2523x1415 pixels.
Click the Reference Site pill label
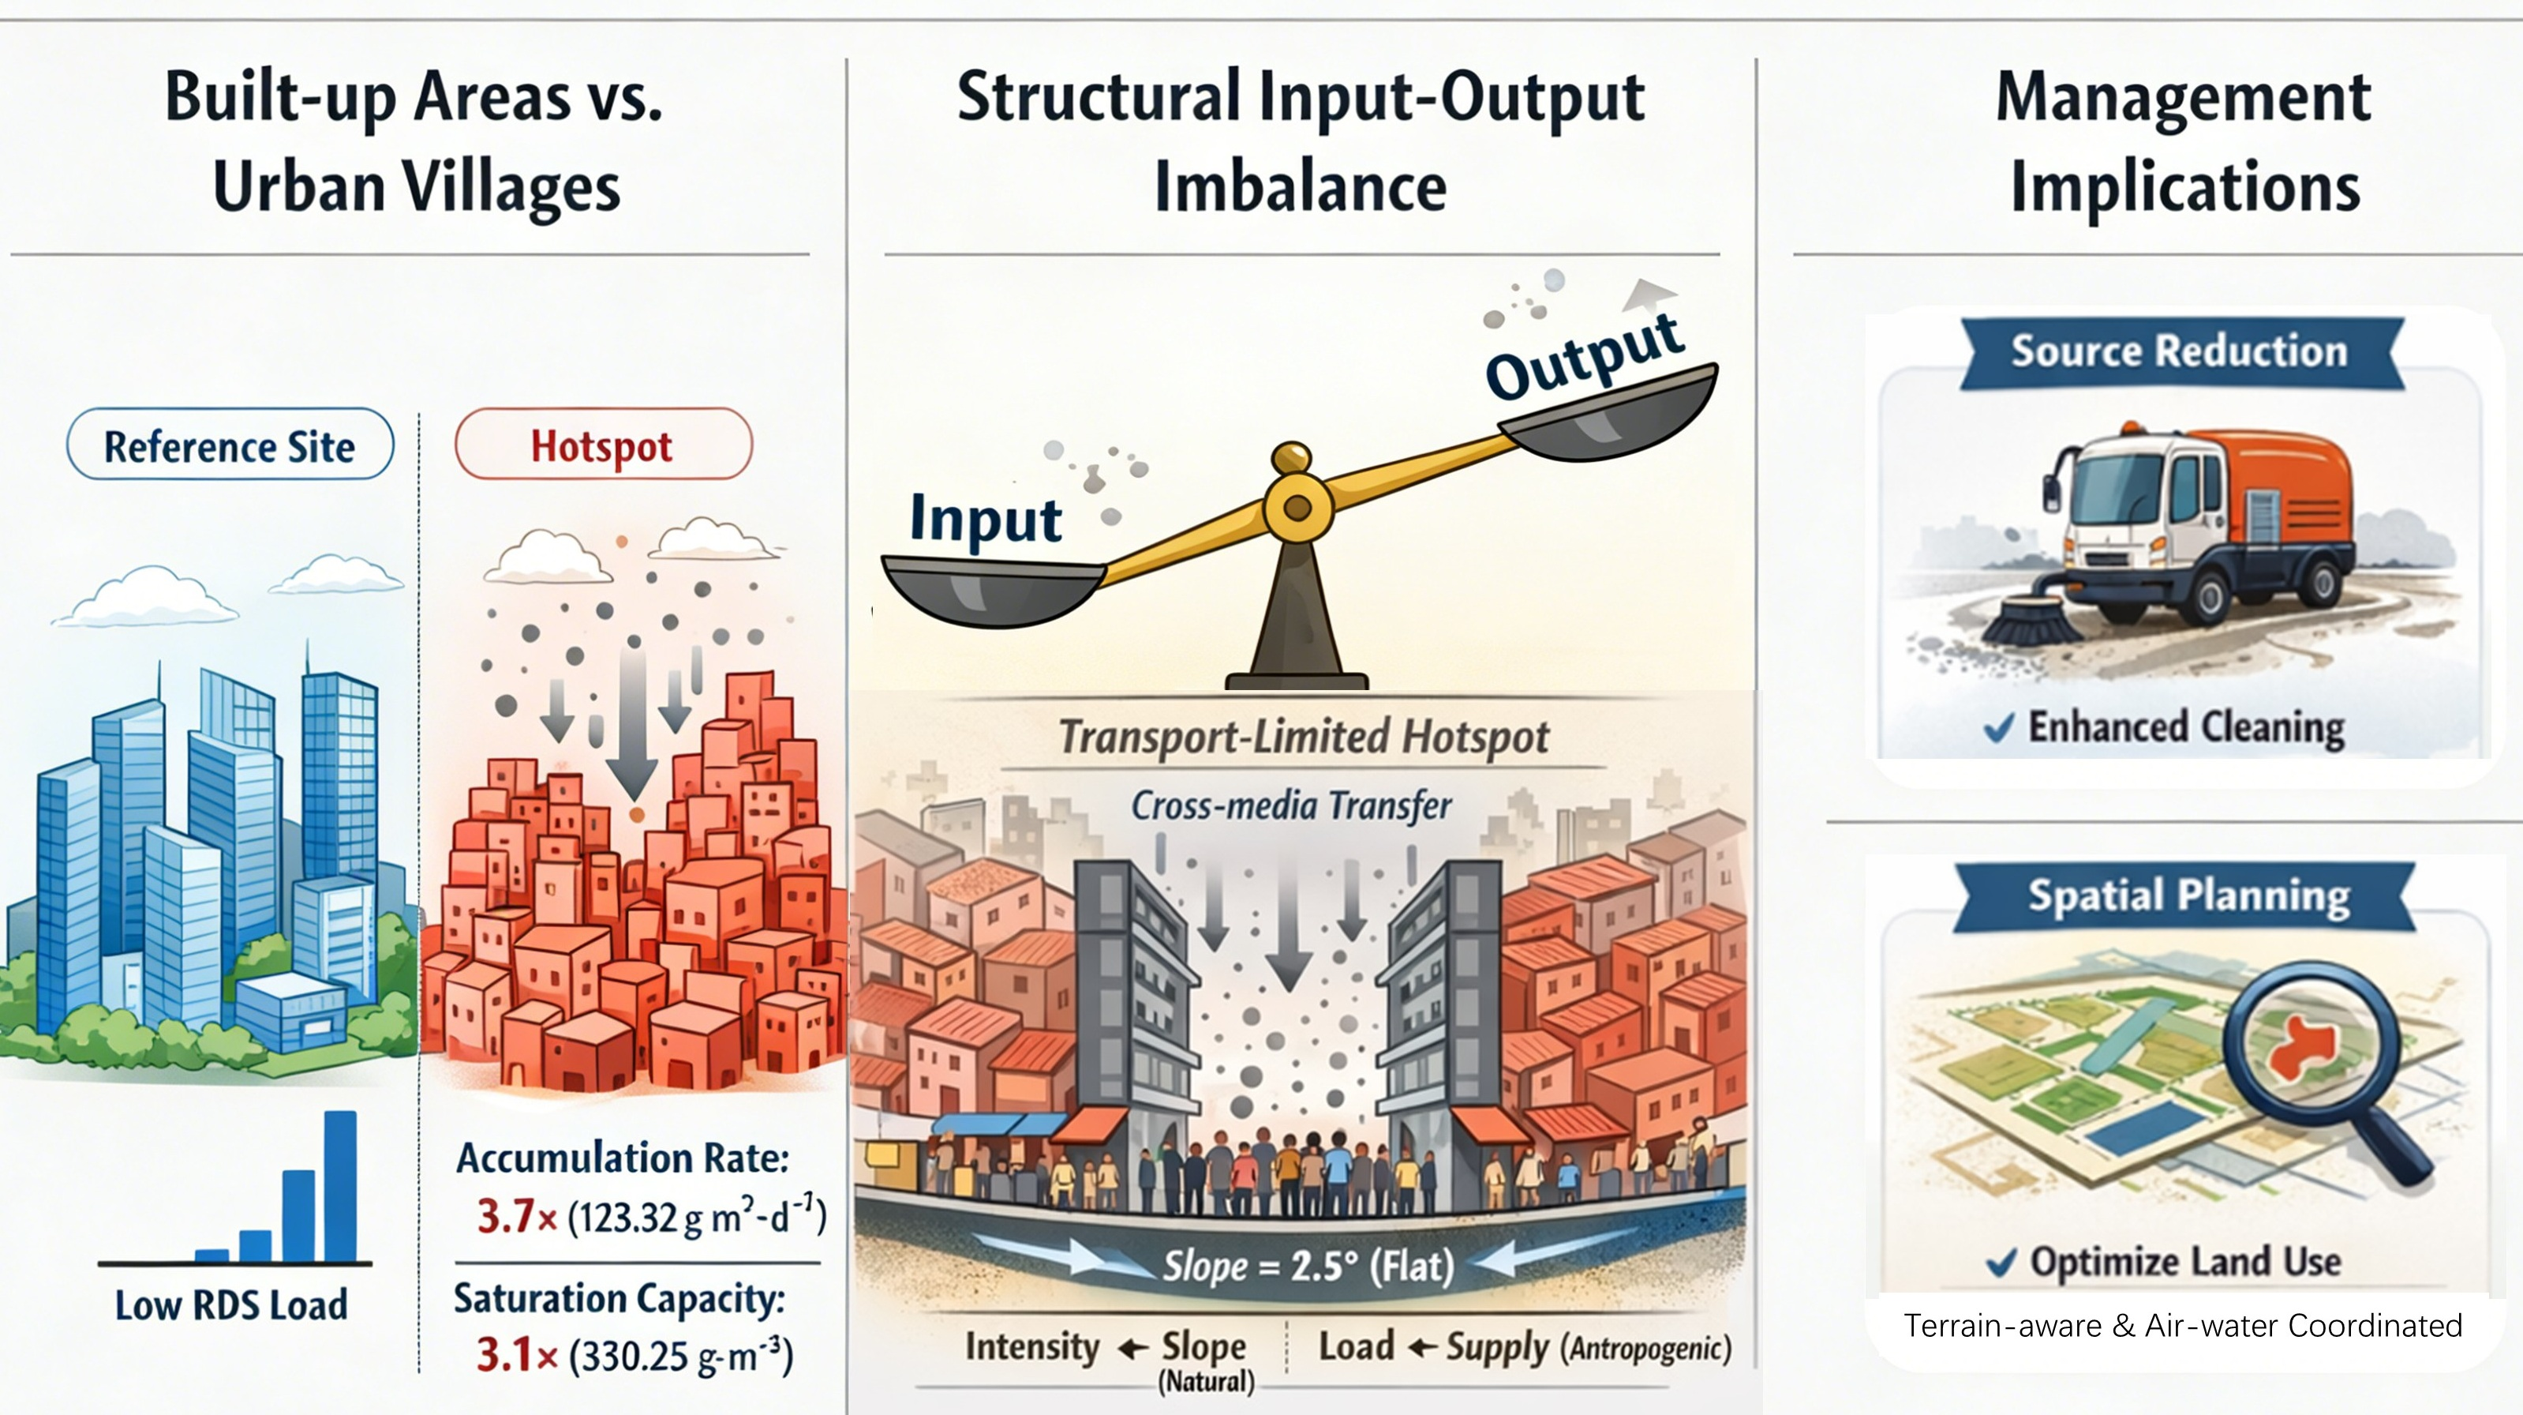(230, 446)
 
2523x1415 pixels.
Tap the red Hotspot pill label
(602, 446)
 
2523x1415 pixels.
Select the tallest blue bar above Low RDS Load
(340, 1186)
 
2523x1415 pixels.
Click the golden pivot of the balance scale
(1297, 507)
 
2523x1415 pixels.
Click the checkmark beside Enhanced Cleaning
(1999, 728)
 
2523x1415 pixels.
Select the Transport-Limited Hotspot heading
(1304, 738)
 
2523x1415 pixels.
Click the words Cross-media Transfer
(1291, 806)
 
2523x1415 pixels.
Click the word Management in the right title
(2183, 98)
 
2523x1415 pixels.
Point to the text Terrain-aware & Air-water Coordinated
(2182, 1326)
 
